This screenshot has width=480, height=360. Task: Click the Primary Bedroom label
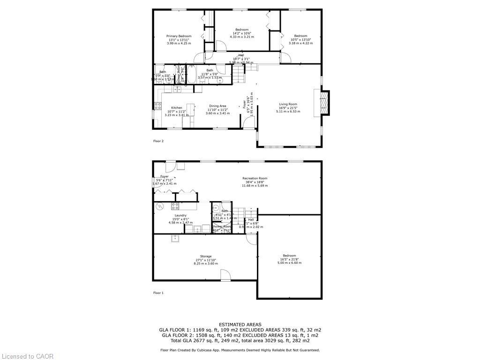(x=179, y=36)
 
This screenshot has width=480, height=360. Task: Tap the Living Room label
(x=288, y=105)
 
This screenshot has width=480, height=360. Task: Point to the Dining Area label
(x=217, y=106)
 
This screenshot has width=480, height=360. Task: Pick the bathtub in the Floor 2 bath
(x=190, y=75)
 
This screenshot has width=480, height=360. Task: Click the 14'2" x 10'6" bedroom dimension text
(x=242, y=33)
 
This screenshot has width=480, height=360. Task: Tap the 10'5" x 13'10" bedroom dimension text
(x=300, y=40)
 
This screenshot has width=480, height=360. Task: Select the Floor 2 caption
(x=158, y=141)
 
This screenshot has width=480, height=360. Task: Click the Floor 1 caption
(x=158, y=293)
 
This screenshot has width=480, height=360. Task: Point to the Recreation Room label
(x=255, y=178)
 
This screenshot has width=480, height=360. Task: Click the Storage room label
(x=206, y=256)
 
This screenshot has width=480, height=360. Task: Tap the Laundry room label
(x=180, y=216)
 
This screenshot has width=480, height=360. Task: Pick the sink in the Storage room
(x=175, y=238)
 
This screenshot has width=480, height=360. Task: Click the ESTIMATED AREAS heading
(x=240, y=324)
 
